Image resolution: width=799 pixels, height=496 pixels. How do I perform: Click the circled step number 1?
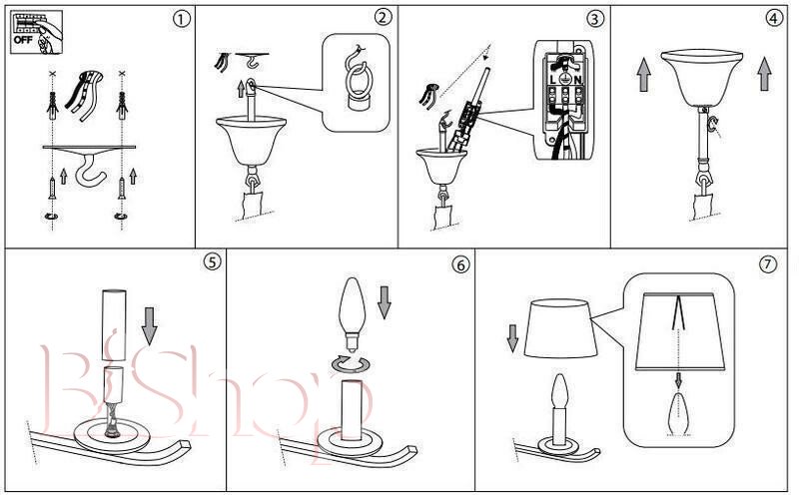coord(182,19)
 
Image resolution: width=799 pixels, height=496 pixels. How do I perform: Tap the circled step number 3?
coord(594,19)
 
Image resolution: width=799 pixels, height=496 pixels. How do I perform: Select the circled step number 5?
coord(212,261)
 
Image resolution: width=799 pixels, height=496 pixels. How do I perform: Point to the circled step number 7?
coord(768,264)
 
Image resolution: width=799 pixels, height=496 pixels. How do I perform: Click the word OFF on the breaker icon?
coord(23,39)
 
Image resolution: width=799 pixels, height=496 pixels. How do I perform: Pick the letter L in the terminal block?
coord(554,80)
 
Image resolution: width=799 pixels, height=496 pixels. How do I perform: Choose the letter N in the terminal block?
coord(577,80)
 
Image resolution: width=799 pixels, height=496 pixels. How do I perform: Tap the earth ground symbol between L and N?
coord(565,80)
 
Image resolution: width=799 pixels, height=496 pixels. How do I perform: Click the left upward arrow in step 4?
coord(644,74)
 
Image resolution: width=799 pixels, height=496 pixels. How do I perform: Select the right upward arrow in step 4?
coord(764,74)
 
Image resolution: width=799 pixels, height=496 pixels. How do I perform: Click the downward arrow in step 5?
coord(149,326)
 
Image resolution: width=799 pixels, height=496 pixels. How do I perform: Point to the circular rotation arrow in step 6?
coord(351,363)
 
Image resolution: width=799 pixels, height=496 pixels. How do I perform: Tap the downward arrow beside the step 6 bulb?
coord(385,302)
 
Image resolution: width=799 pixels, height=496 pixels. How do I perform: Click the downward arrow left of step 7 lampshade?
coord(512,338)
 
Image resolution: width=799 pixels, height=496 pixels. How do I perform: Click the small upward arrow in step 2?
coord(241,88)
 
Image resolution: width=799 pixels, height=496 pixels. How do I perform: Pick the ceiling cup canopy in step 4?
coord(702,78)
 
